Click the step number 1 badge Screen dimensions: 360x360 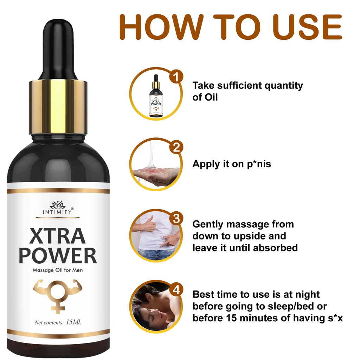[x=176, y=76]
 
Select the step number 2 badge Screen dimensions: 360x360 [x=176, y=147]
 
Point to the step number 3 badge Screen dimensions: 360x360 [x=176, y=218]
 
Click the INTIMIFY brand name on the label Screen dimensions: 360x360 [x=58, y=212]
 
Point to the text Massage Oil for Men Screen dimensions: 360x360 [x=58, y=270]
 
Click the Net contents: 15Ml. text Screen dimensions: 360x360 [x=58, y=322]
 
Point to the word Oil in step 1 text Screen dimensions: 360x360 [x=211, y=97]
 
